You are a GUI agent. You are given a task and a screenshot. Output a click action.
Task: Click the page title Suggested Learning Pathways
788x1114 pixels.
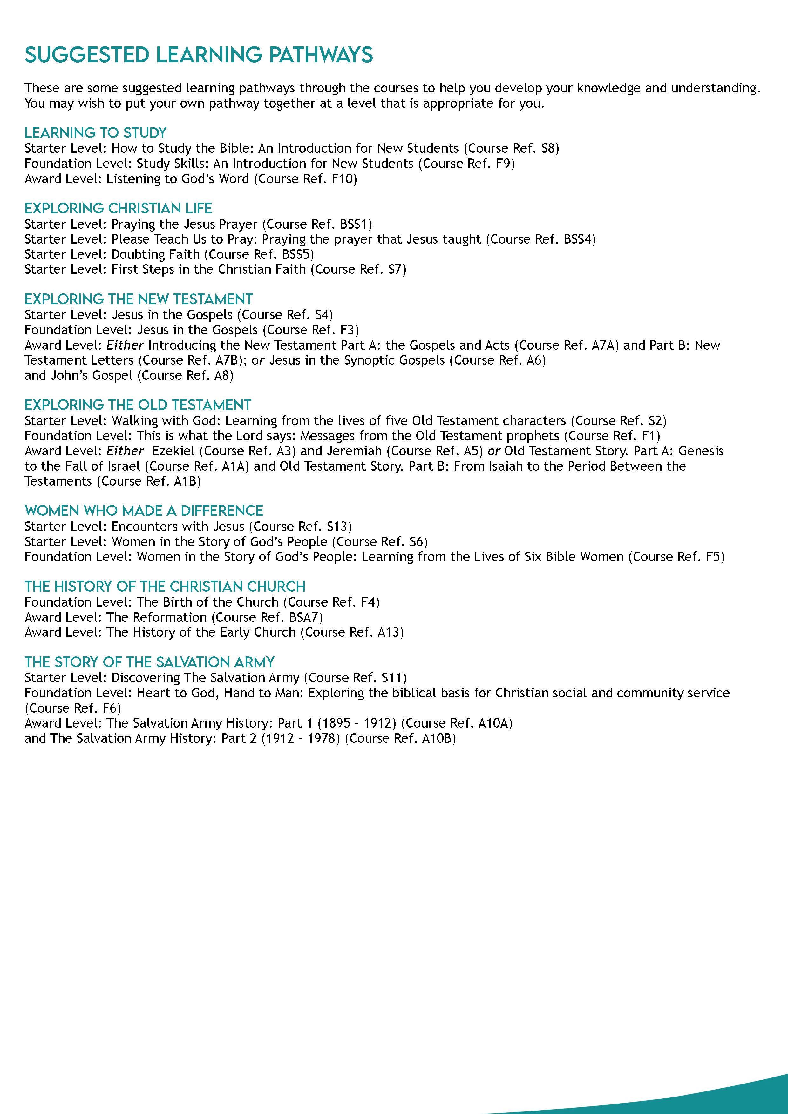pyautogui.click(x=199, y=55)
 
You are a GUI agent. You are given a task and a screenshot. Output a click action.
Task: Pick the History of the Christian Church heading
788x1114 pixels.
pyautogui.click(x=165, y=586)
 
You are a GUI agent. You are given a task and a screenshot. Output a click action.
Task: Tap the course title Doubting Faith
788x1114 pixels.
pyautogui.click(x=155, y=254)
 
